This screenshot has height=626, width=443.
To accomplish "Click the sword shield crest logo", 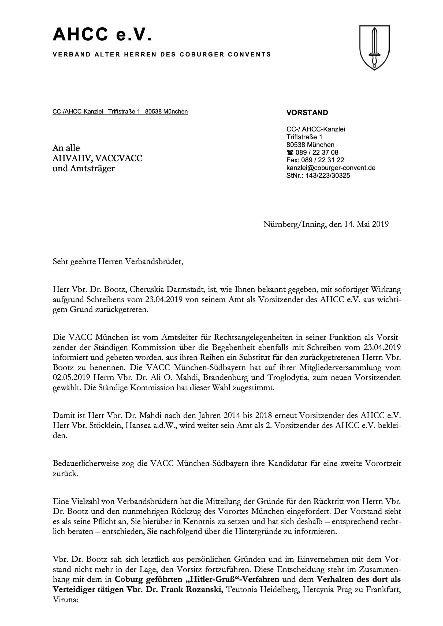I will pyautogui.click(x=374, y=47).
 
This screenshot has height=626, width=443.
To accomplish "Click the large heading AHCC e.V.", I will pyautogui.click(x=102, y=35).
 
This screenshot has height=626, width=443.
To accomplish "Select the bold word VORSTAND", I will pyautogui.click(x=307, y=113).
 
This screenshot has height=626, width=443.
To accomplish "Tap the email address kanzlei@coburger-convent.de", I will pyautogui.click(x=331, y=168).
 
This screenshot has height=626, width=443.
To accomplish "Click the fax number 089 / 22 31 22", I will pyautogui.click(x=323, y=160).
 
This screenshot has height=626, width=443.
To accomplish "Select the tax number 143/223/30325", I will pyautogui.click(x=327, y=175).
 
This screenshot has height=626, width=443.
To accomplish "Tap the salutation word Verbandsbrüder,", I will pyautogui.click(x=154, y=262).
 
